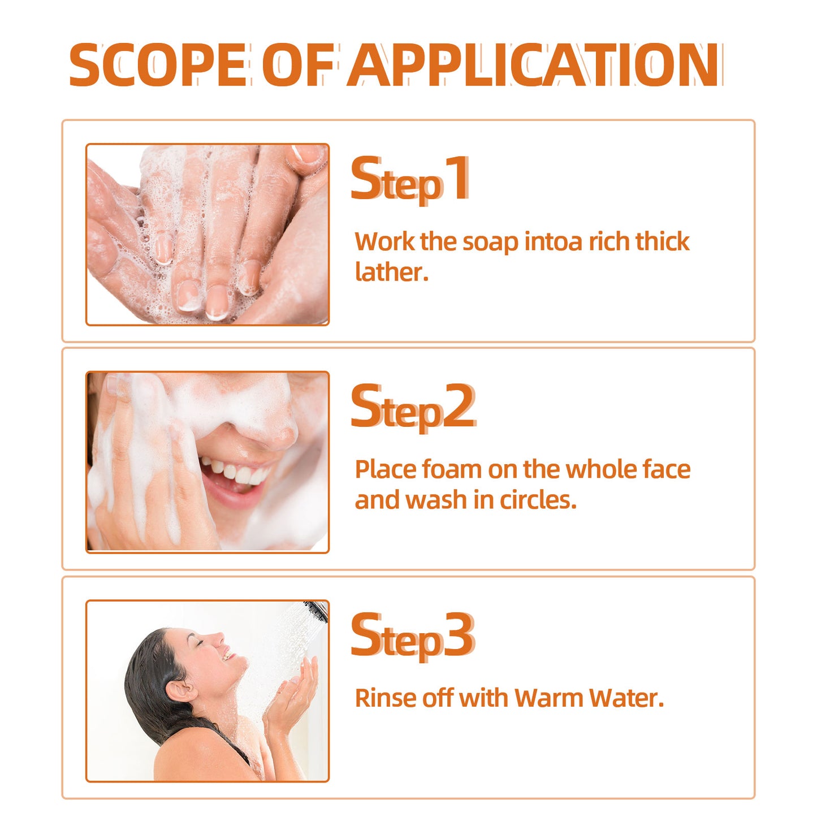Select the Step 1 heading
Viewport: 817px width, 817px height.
(410, 180)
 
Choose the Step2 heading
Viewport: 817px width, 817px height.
(413, 407)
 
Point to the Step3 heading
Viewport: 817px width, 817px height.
(413, 636)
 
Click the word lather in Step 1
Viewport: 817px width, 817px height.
(391, 272)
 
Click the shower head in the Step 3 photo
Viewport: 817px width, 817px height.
(315, 610)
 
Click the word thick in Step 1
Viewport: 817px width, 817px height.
(662, 241)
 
